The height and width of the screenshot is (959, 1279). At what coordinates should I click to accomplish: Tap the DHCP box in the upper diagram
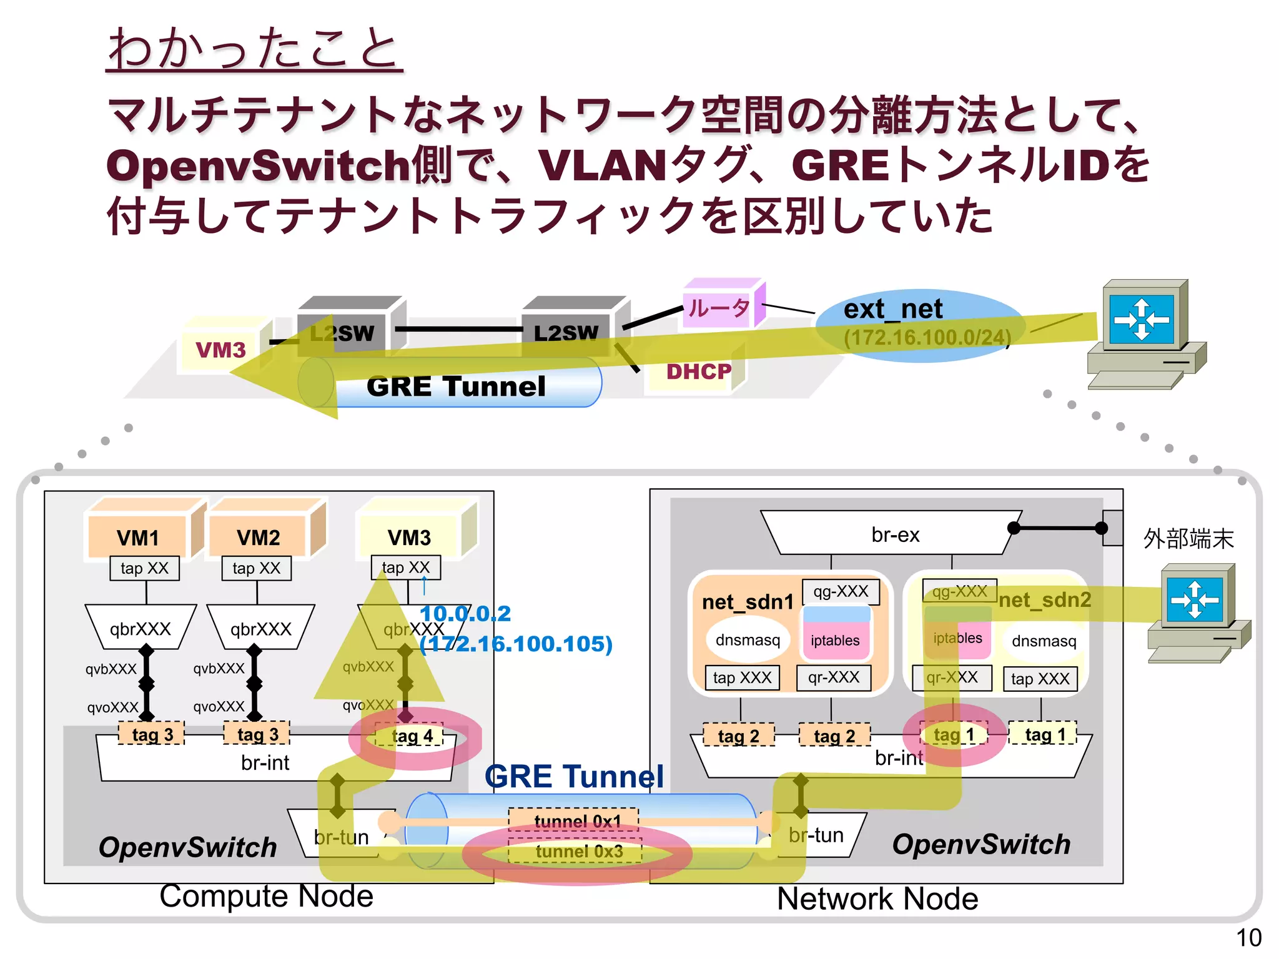[x=698, y=372]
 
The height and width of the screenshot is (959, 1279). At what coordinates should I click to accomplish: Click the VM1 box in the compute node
[x=137, y=537]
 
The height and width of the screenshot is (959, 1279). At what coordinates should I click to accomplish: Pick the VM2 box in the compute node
[x=258, y=537]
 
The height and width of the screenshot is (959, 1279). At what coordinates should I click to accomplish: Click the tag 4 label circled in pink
[x=412, y=737]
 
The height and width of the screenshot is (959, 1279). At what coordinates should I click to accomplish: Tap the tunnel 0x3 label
[x=578, y=852]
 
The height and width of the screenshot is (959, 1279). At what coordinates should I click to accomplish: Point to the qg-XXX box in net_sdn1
[x=841, y=591]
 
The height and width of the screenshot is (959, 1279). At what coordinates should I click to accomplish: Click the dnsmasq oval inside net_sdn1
[x=748, y=640]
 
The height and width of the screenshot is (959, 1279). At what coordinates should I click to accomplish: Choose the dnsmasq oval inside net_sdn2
[x=1044, y=641]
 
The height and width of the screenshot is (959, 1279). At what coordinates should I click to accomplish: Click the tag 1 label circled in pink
[x=954, y=735]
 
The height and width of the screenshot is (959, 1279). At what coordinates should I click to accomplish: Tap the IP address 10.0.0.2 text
[x=465, y=614]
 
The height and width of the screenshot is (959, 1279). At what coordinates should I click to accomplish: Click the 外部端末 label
[x=1188, y=539]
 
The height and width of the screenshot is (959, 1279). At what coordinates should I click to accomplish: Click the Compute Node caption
[x=266, y=897]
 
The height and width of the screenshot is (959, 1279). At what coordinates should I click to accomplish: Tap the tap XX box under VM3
[x=406, y=568]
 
